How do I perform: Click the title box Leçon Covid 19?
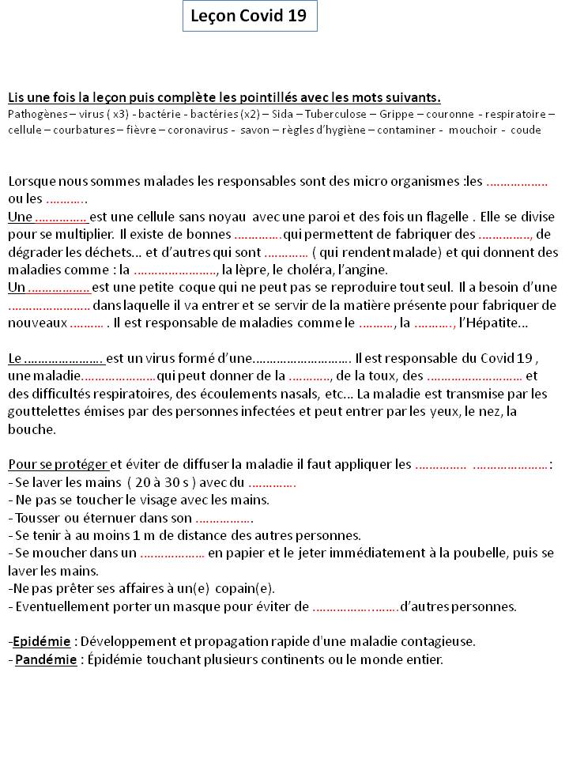tap(250, 16)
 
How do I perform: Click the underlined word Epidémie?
tap(42, 641)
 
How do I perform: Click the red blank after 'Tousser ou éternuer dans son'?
tap(224, 519)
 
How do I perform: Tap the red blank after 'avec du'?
tap(272, 483)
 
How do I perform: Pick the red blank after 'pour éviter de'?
tap(356, 607)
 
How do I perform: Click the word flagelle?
tap(447, 217)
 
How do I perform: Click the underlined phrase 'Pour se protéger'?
tap(58, 464)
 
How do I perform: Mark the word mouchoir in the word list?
tap(473, 129)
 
